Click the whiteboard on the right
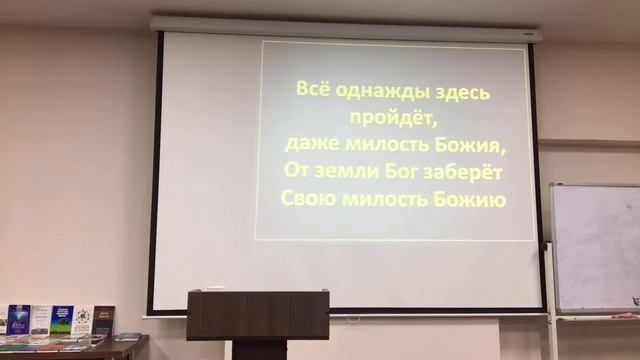pos(596,248)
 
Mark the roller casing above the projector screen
pos(345,28)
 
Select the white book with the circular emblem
pos(83,320)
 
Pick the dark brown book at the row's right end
pos(104,320)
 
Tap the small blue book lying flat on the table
pos(127,337)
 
